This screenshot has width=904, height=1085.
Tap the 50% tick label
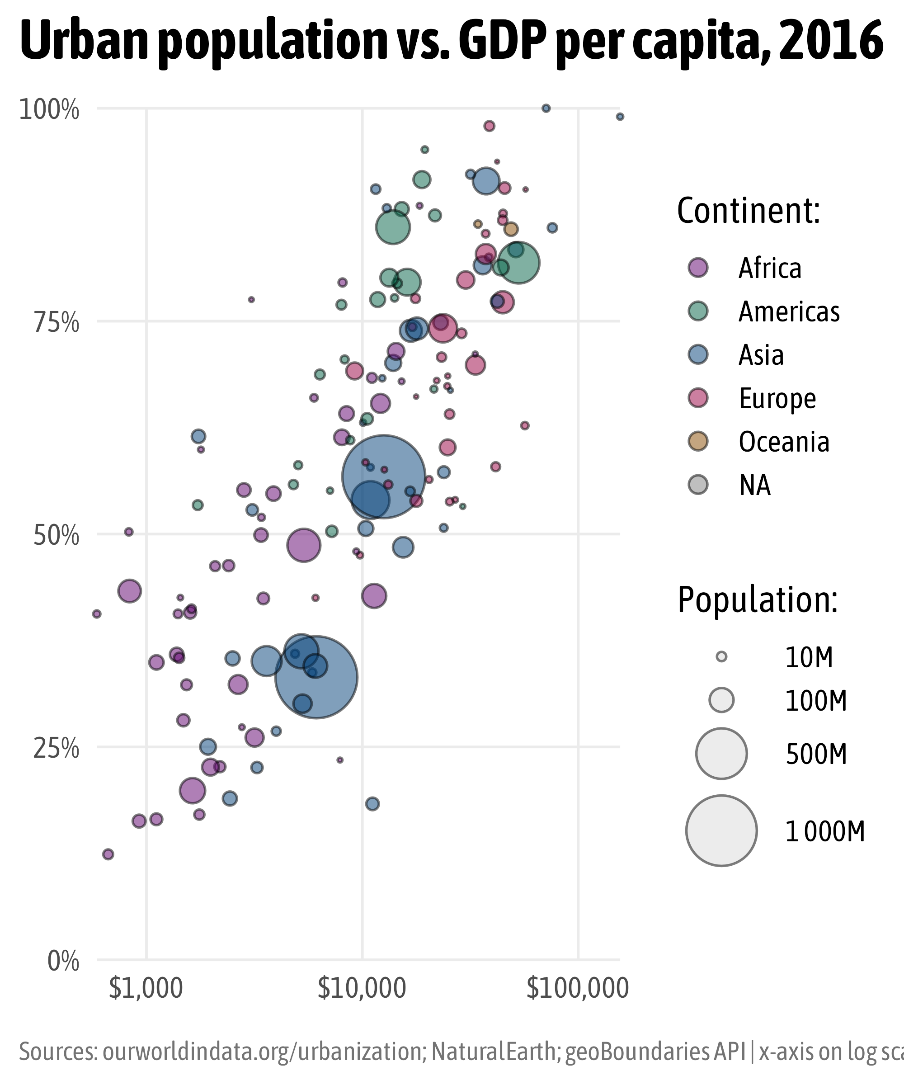[x=56, y=536]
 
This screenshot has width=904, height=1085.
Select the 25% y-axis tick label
[x=56, y=749]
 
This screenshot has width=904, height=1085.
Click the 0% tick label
[x=63, y=962]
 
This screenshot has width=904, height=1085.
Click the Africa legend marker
[x=698, y=268]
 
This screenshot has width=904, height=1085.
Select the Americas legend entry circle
[x=698, y=311]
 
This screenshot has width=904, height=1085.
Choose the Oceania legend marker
[x=698, y=441]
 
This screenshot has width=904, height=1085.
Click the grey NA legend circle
[x=698, y=485]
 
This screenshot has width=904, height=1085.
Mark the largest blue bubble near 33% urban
[x=316, y=677]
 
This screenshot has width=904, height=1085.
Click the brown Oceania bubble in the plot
[x=511, y=229]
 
